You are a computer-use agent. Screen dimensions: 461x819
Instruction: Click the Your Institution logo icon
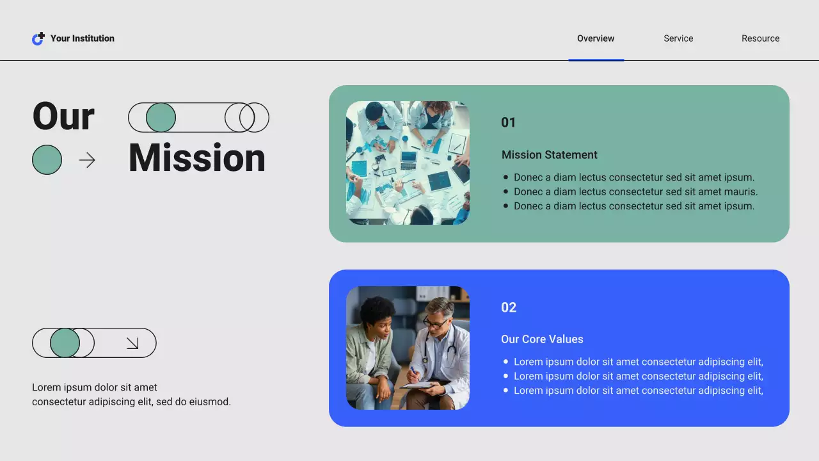[38, 39]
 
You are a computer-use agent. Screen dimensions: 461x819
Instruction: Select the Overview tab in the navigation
[596, 38]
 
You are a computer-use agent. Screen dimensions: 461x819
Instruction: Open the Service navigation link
[678, 38]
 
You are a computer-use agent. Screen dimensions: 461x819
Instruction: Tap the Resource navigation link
[760, 38]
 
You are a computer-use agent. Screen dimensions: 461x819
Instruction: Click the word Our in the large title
[63, 117]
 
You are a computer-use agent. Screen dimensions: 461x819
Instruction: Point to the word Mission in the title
[196, 158]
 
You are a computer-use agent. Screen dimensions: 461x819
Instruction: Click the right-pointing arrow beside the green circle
[87, 160]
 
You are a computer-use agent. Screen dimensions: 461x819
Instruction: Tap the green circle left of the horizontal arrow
[47, 160]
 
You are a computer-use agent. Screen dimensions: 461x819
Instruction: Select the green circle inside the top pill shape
[161, 118]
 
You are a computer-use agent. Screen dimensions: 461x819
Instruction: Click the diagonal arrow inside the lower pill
[132, 343]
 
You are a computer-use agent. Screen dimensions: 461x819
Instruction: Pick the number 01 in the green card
[508, 122]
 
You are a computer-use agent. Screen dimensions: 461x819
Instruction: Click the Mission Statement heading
[549, 155]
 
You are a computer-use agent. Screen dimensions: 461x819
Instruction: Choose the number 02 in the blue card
[508, 307]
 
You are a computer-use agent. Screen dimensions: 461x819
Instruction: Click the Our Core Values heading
[542, 339]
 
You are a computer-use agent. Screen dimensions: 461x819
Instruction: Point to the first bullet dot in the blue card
[506, 362]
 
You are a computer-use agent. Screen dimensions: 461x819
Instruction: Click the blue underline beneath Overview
[596, 60]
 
